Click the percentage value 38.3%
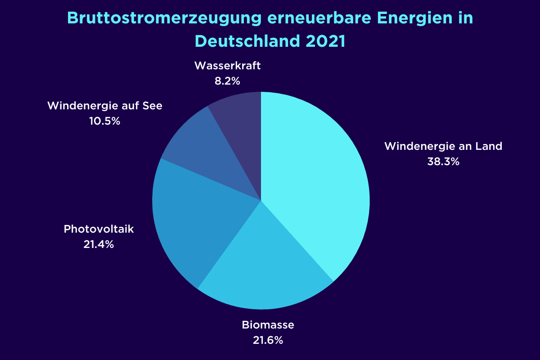click(x=443, y=162)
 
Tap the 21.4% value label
click(x=99, y=244)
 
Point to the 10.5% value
click(x=105, y=121)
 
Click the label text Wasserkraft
click(x=228, y=66)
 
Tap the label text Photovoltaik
click(x=99, y=229)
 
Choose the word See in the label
click(x=153, y=106)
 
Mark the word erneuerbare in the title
click(x=310, y=18)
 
